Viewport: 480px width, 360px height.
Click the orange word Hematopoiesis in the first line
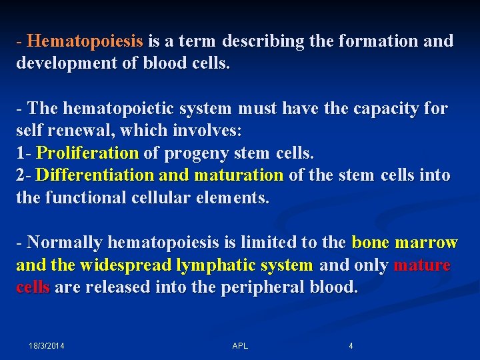(85, 41)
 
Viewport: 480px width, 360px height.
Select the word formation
(378, 41)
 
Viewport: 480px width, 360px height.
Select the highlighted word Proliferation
(87, 153)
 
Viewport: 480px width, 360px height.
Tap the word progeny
(196, 153)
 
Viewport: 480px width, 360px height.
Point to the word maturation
(239, 176)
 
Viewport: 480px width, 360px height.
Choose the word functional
(88, 198)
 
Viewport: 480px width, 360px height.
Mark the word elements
(236, 198)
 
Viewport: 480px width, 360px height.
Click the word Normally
(65, 243)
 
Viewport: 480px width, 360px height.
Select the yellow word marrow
(427, 243)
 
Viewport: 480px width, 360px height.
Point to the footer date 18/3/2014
(47, 346)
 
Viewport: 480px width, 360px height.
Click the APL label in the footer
(240, 346)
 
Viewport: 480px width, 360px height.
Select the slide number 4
(351, 346)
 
